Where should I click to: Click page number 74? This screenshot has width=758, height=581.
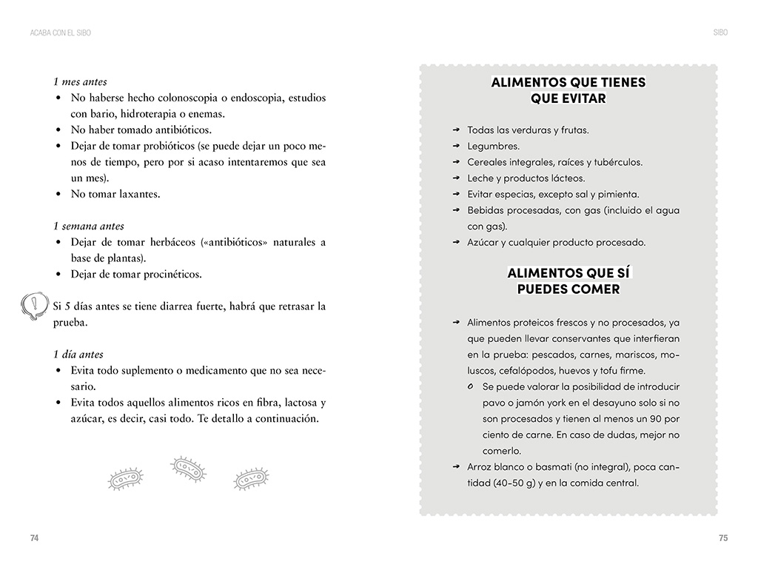tap(34, 538)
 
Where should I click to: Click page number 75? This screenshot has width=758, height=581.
tap(723, 538)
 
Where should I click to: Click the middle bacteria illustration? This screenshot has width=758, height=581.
tap(188, 469)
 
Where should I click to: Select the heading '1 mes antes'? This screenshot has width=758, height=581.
tap(80, 81)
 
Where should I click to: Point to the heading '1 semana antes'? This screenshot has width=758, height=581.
tap(89, 226)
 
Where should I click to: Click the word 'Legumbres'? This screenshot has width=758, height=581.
tap(493, 146)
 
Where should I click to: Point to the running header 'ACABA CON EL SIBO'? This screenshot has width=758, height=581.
tap(61, 33)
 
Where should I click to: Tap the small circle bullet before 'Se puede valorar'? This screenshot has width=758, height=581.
tap(472, 387)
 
